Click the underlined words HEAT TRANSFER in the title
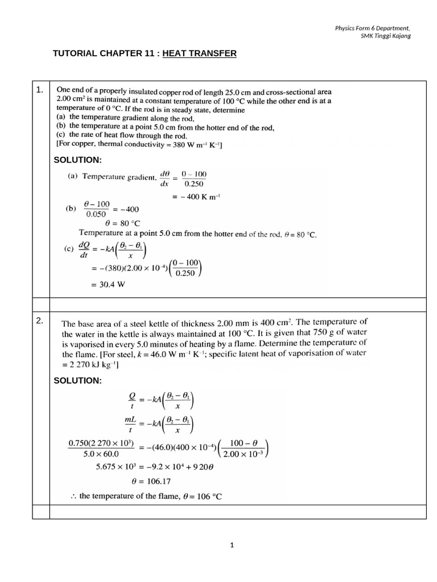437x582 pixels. (x=199, y=53)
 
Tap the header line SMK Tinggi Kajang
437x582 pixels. (x=386, y=36)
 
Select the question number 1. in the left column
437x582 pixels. (x=39, y=90)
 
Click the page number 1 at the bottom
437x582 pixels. (x=232, y=545)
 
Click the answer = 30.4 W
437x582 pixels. (x=108, y=285)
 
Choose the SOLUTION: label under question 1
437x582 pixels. (x=77, y=160)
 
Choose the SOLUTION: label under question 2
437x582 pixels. (x=77, y=380)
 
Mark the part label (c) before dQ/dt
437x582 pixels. (x=72, y=248)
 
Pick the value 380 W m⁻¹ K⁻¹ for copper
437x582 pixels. (x=193, y=145)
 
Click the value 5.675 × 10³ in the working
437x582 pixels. (x=117, y=467)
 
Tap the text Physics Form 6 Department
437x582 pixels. (x=373, y=28)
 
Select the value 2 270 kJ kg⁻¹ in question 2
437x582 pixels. (x=91, y=365)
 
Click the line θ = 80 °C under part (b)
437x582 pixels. (x=122, y=223)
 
